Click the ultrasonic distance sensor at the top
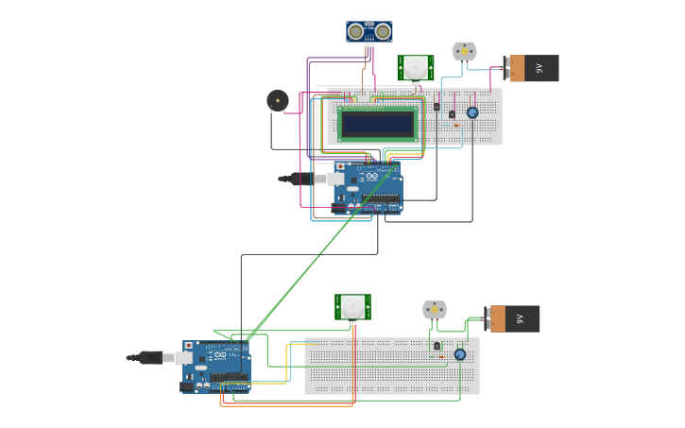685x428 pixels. click(x=368, y=32)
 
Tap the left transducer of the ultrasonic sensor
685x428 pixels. click(x=355, y=32)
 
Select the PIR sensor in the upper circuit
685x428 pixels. click(x=415, y=67)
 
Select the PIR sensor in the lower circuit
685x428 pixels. click(x=352, y=306)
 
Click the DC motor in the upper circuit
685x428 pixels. click(x=464, y=51)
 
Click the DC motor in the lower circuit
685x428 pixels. click(x=434, y=310)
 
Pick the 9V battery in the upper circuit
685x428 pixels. click(x=533, y=68)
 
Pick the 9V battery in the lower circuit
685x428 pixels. click(x=513, y=318)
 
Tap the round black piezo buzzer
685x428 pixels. click(x=277, y=100)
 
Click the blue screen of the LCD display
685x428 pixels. click(x=378, y=124)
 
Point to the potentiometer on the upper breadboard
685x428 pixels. click(x=472, y=112)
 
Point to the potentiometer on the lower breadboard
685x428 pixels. click(x=460, y=354)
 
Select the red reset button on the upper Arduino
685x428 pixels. click(x=340, y=166)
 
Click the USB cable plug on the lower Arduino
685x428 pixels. click(x=150, y=357)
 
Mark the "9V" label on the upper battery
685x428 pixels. click(x=539, y=68)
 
